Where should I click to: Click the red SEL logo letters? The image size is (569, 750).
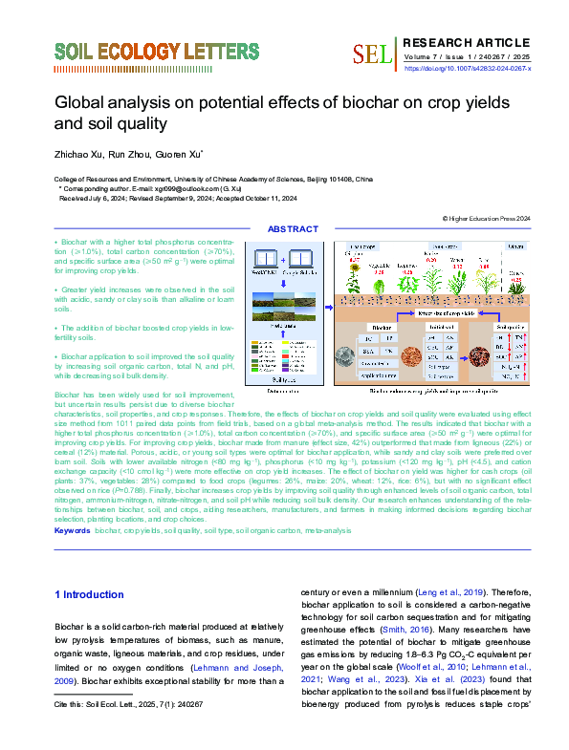pos(372,54)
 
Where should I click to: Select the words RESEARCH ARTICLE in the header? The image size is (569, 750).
pos(466,42)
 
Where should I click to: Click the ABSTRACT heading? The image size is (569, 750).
pos(293,229)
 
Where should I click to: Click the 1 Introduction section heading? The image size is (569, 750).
pos(89,594)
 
